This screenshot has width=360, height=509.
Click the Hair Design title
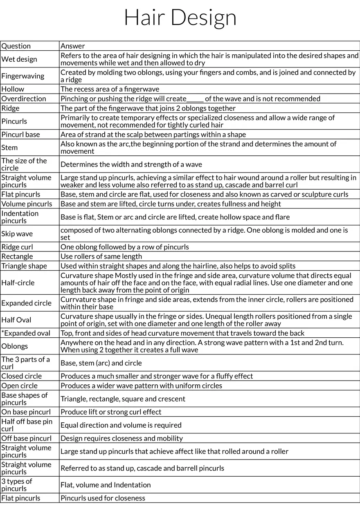tap(180, 17)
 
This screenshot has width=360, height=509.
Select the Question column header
tap(16, 46)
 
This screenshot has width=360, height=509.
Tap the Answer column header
tap(73, 46)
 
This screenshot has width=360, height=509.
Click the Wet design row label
tap(19, 59)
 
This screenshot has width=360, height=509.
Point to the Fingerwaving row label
tap(22, 76)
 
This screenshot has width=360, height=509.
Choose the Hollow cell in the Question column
tap(13, 89)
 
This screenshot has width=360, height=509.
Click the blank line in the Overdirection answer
tap(195, 99)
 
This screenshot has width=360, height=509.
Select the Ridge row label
tap(10, 108)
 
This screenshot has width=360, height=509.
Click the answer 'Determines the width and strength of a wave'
tap(131, 164)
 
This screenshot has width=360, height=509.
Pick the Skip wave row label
tap(17, 234)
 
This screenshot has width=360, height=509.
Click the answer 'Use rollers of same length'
tap(101, 257)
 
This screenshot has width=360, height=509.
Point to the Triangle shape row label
tap(24, 266)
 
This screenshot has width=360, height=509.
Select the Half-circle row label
tap(18, 283)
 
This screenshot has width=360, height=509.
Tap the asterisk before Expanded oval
tap(2, 332)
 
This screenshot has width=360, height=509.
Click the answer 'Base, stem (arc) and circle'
tap(101, 363)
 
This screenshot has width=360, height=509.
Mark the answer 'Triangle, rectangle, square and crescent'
tap(123, 399)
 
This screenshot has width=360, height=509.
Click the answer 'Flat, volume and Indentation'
tap(106, 485)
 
